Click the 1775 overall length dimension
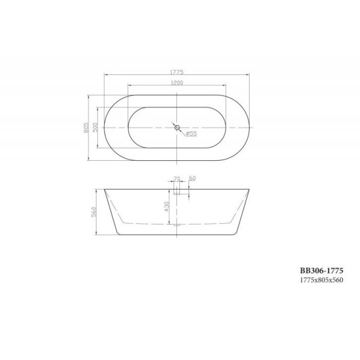(x=176, y=70)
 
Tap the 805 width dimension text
(x=86, y=127)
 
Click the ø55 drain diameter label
(x=191, y=134)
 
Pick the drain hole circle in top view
(x=176, y=127)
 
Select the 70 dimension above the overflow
(x=176, y=179)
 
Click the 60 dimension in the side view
(x=192, y=179)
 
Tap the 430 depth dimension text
(x=167, y=208)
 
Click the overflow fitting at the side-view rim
(x=177, y=191)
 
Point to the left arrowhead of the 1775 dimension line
(x=106, y=74)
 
